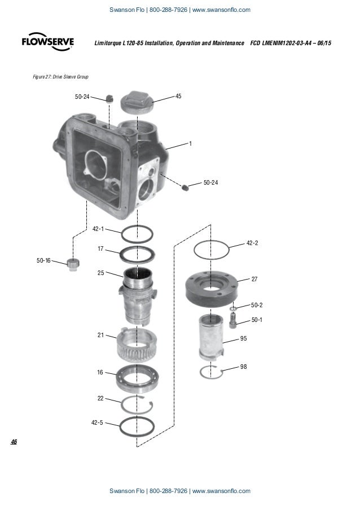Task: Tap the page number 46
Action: (14, 441)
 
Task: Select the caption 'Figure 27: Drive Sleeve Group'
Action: (62, 76)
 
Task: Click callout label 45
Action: (178, 97)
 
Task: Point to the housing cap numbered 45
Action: (138, 102)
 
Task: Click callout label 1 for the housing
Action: (190, 143)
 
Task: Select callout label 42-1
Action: (98, 229)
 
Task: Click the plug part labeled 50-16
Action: (72, 264)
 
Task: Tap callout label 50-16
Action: (43, 260)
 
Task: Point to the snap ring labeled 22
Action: (138, 404)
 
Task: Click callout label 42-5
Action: (97, 422)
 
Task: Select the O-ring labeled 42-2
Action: (212, 248)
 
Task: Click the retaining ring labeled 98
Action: (212, 372)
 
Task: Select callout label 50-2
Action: (257, 305)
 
